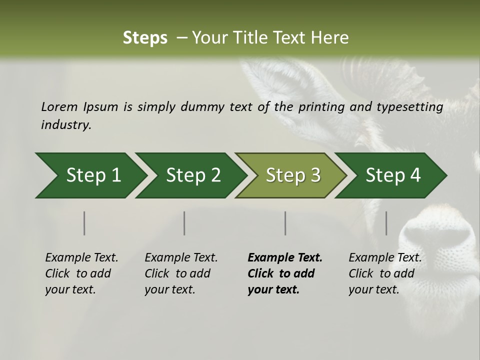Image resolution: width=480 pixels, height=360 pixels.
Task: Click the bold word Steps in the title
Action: coord(145,37)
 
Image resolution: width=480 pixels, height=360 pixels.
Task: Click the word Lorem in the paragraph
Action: coord(59,106)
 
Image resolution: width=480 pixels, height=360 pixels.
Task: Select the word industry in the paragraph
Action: coord(66,125)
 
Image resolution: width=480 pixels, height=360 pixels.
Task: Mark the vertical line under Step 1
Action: coord(84,223)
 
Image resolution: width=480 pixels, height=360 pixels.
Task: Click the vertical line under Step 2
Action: coord(184,223)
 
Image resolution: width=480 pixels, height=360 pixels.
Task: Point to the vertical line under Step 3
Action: coord(285,223)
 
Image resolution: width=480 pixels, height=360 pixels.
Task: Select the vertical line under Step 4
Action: coord(386,223)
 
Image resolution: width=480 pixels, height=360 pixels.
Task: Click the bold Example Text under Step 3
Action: coord(285,257)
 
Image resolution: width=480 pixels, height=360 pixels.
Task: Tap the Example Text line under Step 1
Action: coord(81,257)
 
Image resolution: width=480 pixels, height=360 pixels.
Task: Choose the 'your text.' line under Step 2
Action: coord(169,289)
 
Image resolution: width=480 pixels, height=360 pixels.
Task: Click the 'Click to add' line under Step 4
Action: coord(381,273)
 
